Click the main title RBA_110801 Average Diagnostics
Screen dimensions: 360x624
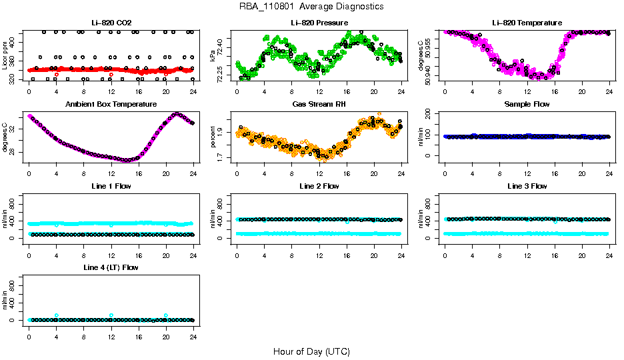(x=312, y=6)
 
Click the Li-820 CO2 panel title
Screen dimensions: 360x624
(x=111, y=23)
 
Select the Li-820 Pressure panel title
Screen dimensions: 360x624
(x=319, y=23)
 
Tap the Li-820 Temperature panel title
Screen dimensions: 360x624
(x=527, y=23)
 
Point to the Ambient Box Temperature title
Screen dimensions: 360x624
(x=111, y=105)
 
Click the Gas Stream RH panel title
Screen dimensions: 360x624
(x=319, y=105)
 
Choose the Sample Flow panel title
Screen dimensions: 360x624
(x=527, y=105)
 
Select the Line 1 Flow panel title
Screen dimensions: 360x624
(x=111, y=186)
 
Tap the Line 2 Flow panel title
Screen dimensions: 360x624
(x=319, y=186)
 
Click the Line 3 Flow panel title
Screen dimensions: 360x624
(x=527, y=186)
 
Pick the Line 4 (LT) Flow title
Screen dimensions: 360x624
(x=111, y=267)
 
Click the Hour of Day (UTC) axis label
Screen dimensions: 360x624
(x=311, y=351)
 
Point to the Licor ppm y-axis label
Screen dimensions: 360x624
(x=6, y=56)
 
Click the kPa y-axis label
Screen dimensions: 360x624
(x=213, y=56)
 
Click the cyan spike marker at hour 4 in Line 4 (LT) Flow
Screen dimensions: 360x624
(x=57, y=315)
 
